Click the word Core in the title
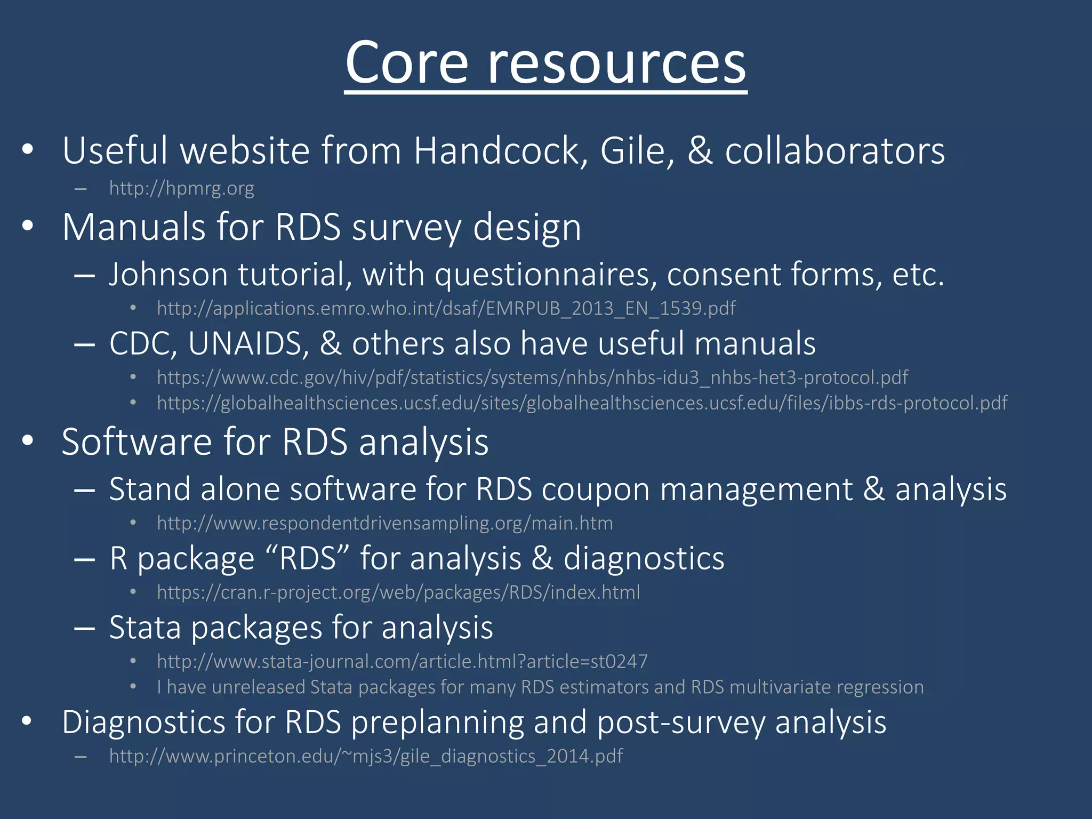(406, 63)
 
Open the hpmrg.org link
(181, 188)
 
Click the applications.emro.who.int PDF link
(446, 308)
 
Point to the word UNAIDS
(248, 343)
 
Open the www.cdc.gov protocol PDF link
(532, 378)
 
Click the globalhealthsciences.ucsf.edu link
(582, 403)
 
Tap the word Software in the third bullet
(136, 442)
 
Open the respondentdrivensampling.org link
(384, 523)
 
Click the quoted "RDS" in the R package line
(307, 558)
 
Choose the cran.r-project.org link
(398, 592)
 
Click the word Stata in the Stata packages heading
(144, 628)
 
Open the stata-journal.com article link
(402, 662)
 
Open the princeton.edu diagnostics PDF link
(366, 756)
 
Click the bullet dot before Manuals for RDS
(28, 227)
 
